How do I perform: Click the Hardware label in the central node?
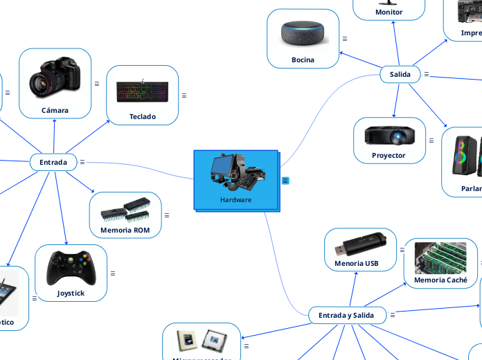point(235,200)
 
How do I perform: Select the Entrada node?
point(53,162)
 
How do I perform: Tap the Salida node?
point(400,74)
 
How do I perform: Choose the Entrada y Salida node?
point(346,315)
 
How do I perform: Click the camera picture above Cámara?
point(55,77)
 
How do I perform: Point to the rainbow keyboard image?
point(142,90)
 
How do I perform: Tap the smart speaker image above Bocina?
point(303,34)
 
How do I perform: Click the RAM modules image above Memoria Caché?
point(440,258)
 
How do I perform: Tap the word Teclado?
point(143,116)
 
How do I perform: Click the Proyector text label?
point(389,155)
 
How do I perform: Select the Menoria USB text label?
point(357,263)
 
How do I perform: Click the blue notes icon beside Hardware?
point(285,181)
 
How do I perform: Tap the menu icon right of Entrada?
point(82,162)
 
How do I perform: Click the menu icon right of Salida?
point(427,74)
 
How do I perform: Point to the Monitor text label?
point(389,12)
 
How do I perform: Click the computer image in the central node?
point(235,172)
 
